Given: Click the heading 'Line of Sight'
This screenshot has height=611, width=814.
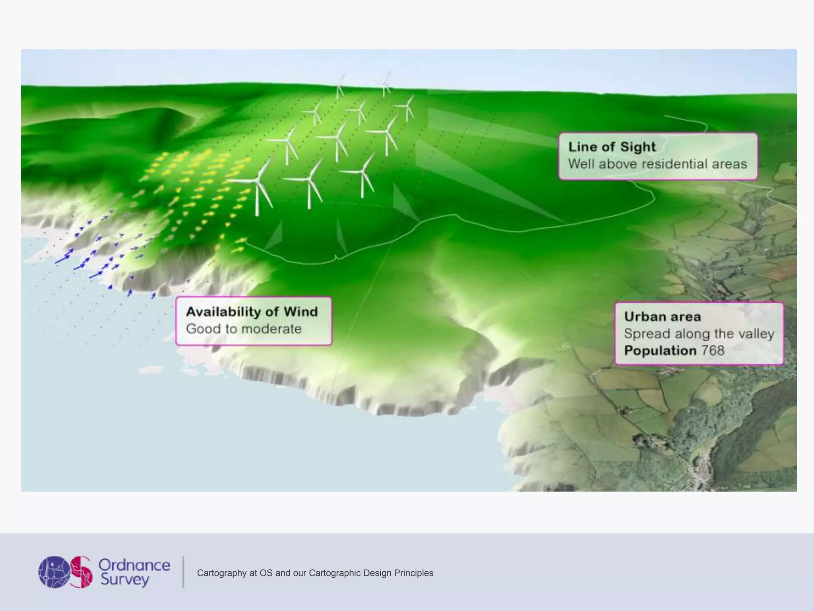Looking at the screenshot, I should coord(612,147).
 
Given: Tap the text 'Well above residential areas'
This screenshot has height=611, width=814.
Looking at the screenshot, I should coord(657,164).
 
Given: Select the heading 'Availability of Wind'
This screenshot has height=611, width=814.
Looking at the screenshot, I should coord(252,311).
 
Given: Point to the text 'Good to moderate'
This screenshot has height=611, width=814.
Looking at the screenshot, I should coord(244,329).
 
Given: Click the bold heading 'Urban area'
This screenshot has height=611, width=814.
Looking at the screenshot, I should coord(662,317).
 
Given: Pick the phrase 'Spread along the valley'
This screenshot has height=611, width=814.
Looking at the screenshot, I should coord(699,333).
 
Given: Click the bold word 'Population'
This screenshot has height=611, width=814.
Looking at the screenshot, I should coord(660,350).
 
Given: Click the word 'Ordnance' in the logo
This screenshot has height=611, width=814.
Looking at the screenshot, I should coord(134,565).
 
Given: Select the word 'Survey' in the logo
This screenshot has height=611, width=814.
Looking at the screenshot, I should coord(124,580).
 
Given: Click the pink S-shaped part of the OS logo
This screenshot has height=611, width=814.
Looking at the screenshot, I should coord(81,572).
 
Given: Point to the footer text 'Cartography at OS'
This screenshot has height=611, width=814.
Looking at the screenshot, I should coord(227,573).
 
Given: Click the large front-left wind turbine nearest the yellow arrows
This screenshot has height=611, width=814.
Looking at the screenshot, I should coord(258,187).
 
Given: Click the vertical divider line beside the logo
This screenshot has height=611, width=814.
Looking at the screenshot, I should coord(183,572).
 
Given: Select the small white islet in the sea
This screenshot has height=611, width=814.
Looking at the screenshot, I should coord(151,370).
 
